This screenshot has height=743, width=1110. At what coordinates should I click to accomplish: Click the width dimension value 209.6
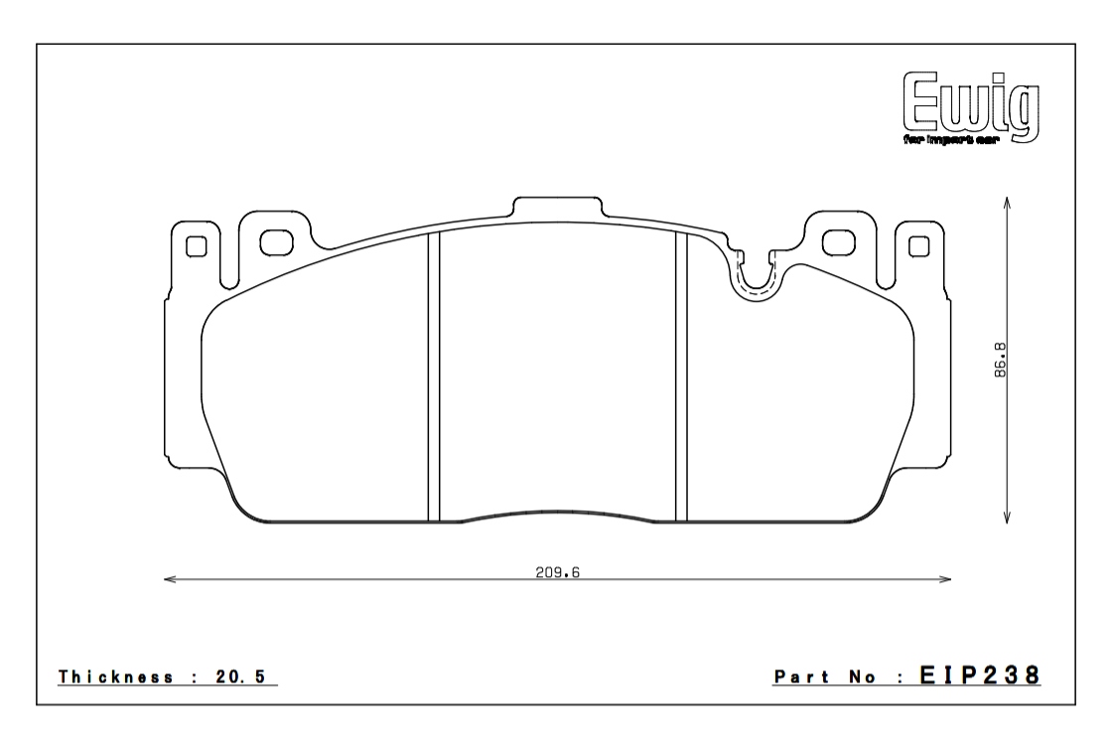click(x=558, y=572)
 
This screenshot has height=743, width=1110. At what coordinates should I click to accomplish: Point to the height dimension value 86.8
click(x=1000, y=360)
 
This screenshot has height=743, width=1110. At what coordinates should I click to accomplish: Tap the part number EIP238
click(x=980, y=675)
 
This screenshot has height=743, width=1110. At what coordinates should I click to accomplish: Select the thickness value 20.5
click(x=240, y=677)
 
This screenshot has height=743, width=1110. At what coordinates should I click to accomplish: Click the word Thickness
click(x=116, y=677)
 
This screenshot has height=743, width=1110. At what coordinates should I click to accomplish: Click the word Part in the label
click(x=801, y=677)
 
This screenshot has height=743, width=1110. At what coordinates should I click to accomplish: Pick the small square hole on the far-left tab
click(x=197, y=245)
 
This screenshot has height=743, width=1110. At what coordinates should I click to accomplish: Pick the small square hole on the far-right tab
click(x=918, y=245)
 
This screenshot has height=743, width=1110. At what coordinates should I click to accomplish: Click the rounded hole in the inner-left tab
click(x=276, y=243)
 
